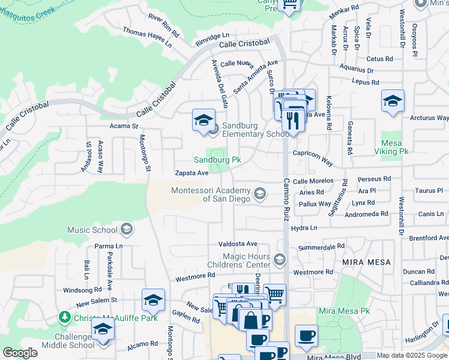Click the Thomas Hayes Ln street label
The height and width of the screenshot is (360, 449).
pos(147,37)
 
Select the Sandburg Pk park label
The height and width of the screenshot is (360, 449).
pos(217,160)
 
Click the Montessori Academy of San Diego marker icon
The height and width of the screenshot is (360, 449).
pos(260,193)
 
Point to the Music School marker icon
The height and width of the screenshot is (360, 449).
pos(127,229)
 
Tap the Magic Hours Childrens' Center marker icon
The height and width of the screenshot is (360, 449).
pos(279,259)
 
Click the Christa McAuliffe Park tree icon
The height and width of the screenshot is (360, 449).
pos(65,316)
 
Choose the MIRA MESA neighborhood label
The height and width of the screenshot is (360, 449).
pos(366,263)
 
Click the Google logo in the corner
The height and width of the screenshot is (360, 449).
pos(20,353)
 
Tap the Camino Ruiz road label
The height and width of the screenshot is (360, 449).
pos(286,198)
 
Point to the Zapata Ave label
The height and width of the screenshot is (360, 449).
pos(191,173)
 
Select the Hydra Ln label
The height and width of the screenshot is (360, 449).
pos(304,228)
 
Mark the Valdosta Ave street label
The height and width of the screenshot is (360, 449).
pos(238,244)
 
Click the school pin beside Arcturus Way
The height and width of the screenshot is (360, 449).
pos(393,101)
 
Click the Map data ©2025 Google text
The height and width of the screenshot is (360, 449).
pos(412,355)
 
